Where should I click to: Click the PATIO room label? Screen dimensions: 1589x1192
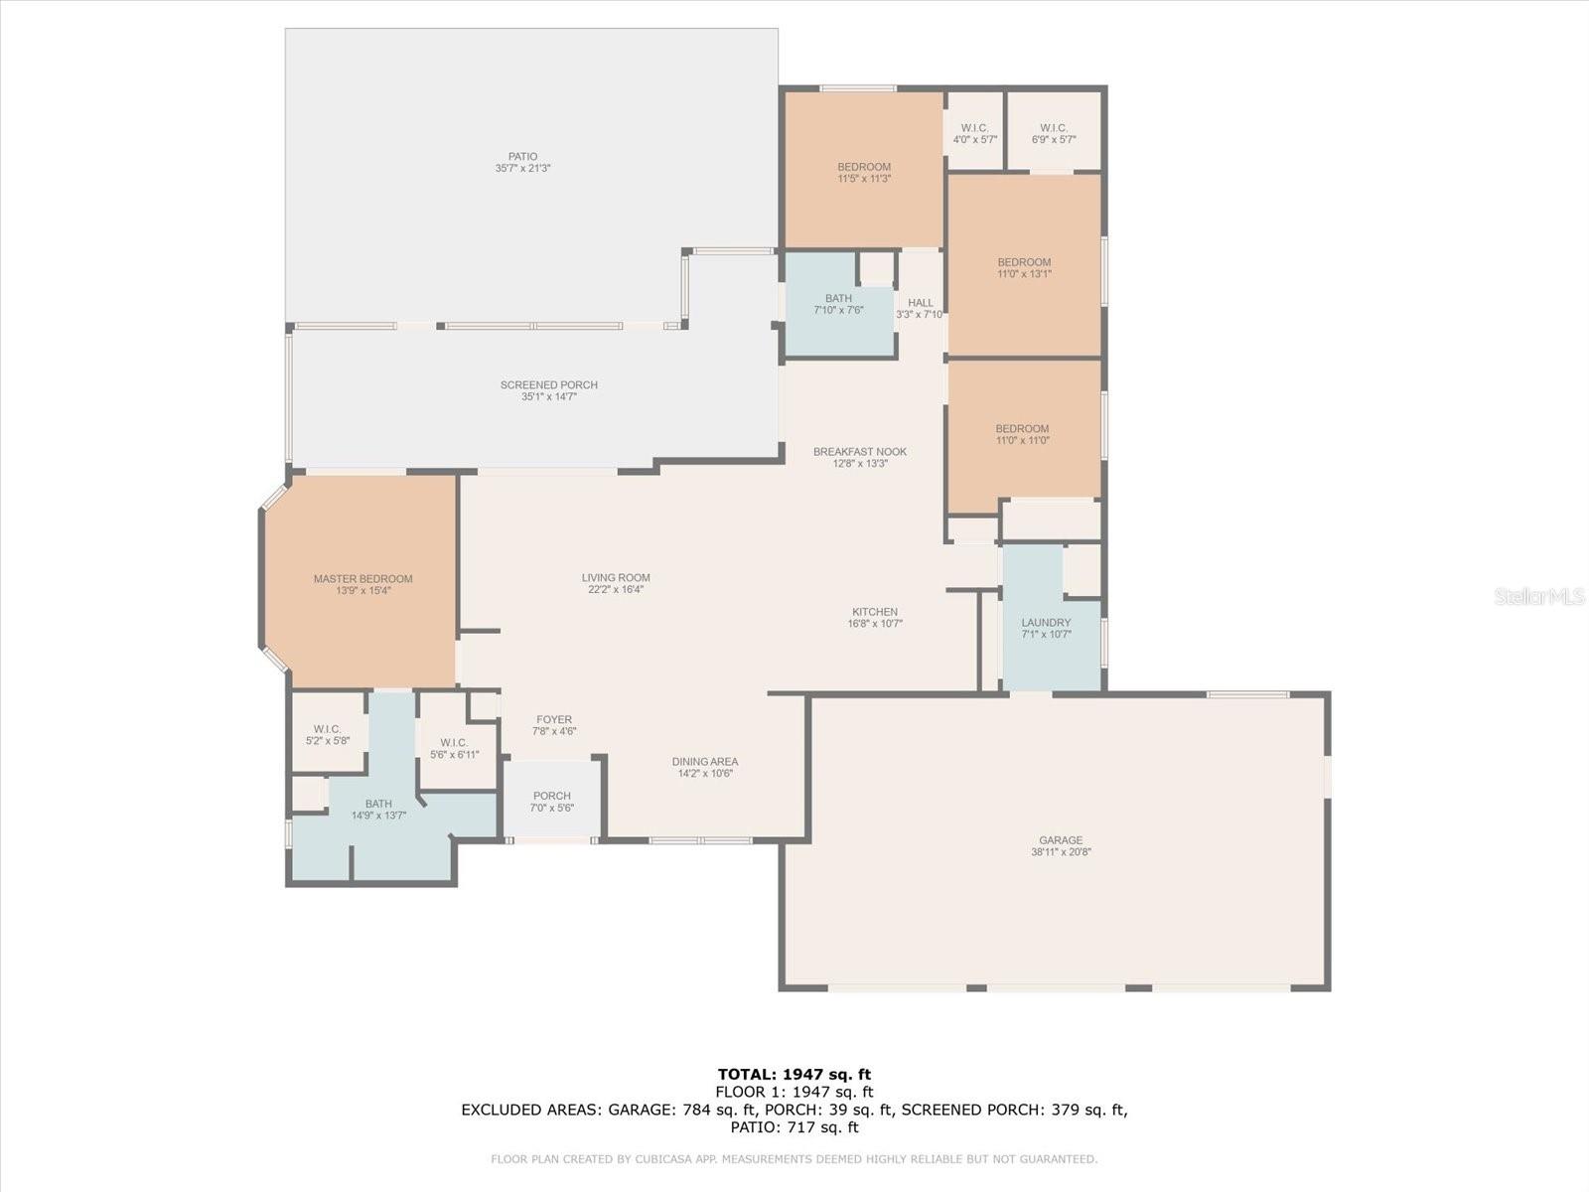522,156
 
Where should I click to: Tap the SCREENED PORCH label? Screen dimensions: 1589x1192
549,385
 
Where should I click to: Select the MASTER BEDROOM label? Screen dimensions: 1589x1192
362,579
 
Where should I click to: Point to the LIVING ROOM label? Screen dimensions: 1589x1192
616,577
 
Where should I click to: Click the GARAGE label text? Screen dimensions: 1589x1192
1061,840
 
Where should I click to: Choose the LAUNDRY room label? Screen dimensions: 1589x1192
1046,623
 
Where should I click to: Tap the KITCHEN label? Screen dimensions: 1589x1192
875,612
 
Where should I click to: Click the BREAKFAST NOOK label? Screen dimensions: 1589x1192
860,452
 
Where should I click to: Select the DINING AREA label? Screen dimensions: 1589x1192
705,761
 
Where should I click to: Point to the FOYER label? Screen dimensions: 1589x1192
554,719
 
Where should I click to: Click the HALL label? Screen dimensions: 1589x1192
921,303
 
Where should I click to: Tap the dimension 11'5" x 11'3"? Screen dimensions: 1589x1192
864,179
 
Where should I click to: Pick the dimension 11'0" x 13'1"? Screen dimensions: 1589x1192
1024,273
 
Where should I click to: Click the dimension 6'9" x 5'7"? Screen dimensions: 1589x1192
1054,140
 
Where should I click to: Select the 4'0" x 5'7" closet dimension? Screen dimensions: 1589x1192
975,140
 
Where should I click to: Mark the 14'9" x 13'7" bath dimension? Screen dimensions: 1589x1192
378,815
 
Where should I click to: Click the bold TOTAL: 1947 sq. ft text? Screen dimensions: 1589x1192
794,1074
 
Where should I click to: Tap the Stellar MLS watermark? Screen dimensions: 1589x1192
1539,596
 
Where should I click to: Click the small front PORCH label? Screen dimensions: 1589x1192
551,796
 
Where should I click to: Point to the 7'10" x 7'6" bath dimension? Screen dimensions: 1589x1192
839,310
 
